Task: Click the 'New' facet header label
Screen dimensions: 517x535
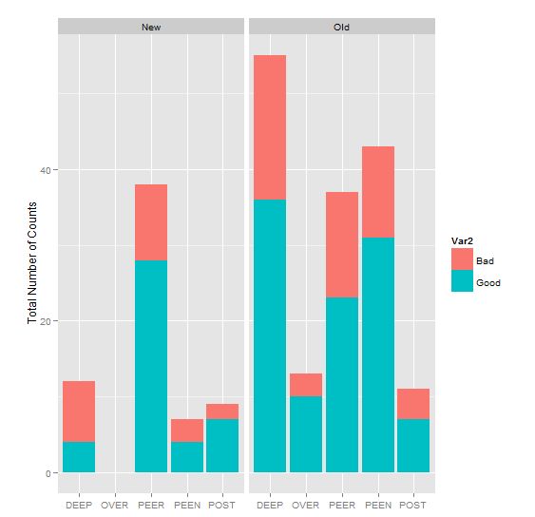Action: coord(150,27)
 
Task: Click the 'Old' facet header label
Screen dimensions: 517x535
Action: coord(342,27)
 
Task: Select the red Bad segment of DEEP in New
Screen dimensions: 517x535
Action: coord(79,412)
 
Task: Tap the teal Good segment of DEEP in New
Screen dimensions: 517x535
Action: coord(79,457)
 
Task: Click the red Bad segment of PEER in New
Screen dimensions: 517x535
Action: coord(150,222)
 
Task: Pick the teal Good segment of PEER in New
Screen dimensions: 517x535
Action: coord(150,366)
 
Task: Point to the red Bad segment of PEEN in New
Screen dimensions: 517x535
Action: coord(186,431)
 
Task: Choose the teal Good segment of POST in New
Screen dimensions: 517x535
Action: coord(221,446)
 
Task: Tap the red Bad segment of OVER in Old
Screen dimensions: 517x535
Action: coord(306,385)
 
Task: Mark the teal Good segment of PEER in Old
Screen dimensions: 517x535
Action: coord(341,385)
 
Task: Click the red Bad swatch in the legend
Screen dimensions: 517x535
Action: coord(462,259)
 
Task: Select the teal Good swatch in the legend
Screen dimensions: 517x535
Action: coord(462,281)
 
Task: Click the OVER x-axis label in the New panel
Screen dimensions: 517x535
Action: coord(114,505)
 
